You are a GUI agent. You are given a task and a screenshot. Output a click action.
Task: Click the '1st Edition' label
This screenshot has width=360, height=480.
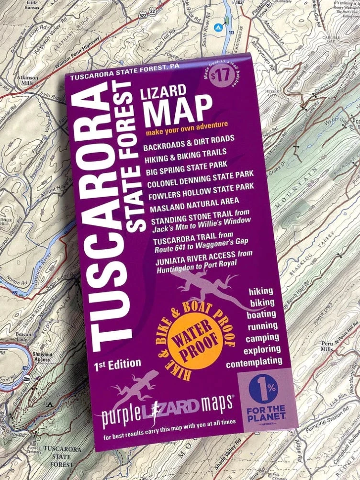click(x=118, y=364)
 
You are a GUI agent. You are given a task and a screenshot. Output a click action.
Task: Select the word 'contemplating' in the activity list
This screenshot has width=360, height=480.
click(x=254, y=362)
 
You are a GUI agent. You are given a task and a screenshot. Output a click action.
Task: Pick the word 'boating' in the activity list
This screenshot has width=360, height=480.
click(x=261, y=314)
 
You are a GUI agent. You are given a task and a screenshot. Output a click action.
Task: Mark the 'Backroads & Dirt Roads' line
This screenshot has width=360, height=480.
click(x=189, y=143)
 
